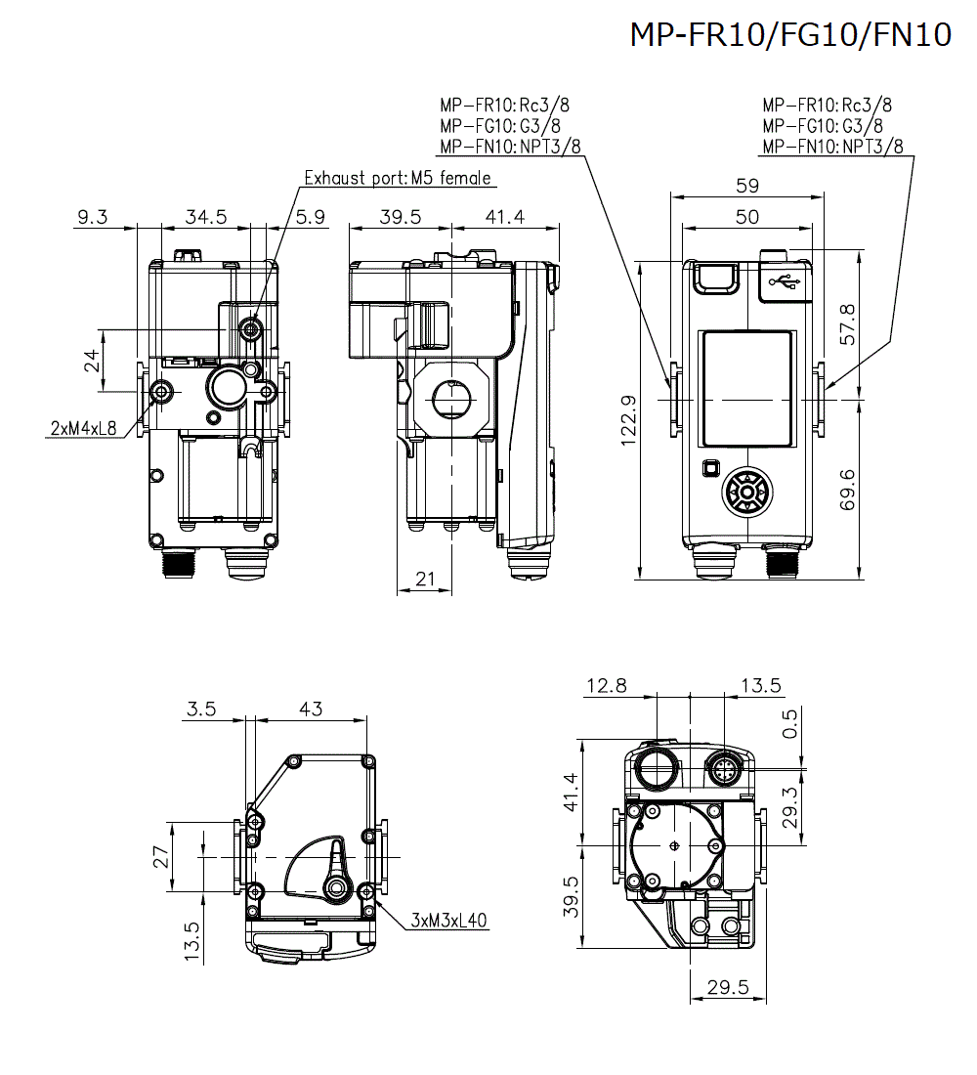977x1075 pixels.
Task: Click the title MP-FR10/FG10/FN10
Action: click(789, 35)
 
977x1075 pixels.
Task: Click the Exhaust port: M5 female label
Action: click(398, 178)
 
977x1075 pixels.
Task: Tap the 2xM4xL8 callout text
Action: click(83, 427)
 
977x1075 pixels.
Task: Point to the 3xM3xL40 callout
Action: click(449, 920)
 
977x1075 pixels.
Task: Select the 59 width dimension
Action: click(746, 186)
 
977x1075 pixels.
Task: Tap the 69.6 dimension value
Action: click(847, 489)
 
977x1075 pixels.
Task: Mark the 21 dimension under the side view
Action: click(425, 580)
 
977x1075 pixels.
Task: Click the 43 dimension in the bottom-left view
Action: click(310, 709)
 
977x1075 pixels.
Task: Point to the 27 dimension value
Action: click(162, 856)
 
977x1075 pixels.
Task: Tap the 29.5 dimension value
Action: click(728, 988)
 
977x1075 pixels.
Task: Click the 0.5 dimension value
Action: click(790, 724)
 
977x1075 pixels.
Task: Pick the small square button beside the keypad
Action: click(710, 468)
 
